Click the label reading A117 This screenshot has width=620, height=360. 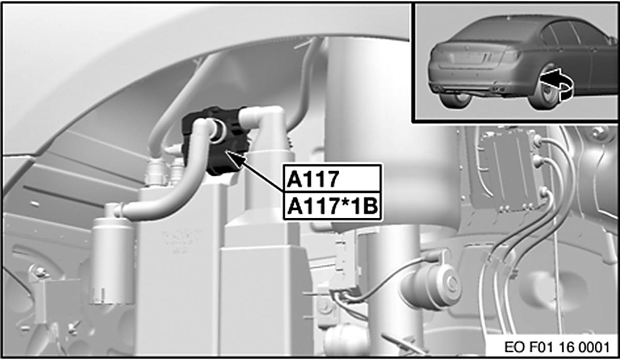312,179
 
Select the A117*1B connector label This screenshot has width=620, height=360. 332,206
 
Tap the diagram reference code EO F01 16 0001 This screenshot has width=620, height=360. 557,347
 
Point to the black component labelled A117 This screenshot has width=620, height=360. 216,141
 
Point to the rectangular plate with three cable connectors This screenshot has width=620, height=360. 508,170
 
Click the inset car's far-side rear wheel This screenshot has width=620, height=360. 455,99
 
